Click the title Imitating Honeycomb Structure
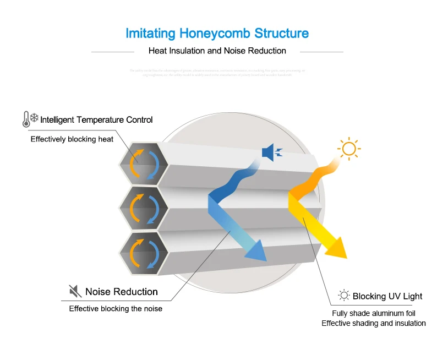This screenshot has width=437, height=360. [x=217, y=33]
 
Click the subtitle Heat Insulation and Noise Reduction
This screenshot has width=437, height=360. [x=217, y=51]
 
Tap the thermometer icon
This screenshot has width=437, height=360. [x=25, y=119]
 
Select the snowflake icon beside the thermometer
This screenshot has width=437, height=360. [x=34, y=118]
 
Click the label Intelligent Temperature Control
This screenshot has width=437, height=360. [x=96, y=119]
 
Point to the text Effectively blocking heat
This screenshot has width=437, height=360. [x=72, y=139]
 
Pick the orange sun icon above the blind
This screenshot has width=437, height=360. [x=348, y=149]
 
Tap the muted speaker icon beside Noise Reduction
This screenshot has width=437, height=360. [x=75, y=291]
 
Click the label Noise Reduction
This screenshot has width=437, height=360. [x=122, y=292]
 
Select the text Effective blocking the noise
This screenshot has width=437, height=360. [x=116, y=308]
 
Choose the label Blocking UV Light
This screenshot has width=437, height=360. [x=387, y=296]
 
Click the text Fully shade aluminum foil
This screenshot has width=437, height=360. [x=374, y=313]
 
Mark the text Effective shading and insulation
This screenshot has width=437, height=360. [x=374, y=323]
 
